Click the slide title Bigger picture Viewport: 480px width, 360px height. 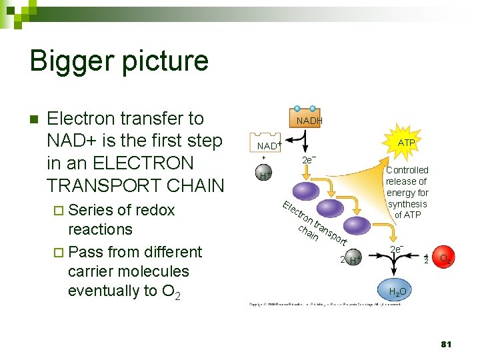coord(119,61)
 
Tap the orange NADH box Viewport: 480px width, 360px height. coord(309,121)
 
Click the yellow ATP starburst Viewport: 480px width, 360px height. coord(406,143)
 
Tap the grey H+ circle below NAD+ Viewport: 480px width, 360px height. coord(264,175)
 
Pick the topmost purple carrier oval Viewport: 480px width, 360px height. coord(309,191)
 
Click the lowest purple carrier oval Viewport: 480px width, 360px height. coord(355,225)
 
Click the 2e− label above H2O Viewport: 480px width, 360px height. coord(396,249)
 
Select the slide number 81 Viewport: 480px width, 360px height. coord(447,344)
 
